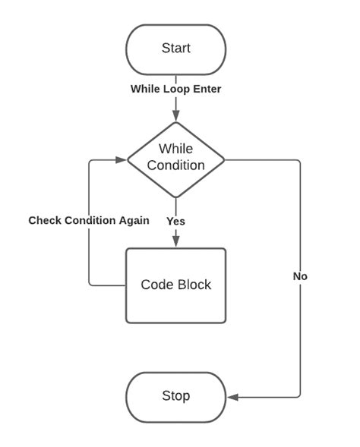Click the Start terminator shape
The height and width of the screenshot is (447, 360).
coord(175,49)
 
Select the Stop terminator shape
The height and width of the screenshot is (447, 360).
coord(175,396)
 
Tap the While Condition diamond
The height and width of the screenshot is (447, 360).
coord(175,159)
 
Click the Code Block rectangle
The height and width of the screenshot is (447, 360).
coord(175,285)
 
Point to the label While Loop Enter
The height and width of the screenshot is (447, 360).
coord(175,89)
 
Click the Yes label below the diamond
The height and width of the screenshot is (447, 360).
coord(175,221)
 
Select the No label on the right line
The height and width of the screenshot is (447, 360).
coord(300,276)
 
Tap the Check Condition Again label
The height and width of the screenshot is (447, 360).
coord(89,220)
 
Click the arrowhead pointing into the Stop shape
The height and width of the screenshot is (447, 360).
coord(232,397)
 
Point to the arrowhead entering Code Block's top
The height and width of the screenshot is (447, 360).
coord(175,242)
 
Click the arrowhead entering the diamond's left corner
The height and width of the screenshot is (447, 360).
coord(121,160)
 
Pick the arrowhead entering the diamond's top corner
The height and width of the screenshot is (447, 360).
coord(175,115)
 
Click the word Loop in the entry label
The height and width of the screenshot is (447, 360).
coord(175,89)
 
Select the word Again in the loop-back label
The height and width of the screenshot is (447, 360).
coord(133,220)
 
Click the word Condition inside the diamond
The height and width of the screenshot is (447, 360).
coord(175,165)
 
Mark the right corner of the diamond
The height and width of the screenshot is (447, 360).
coord(224,160)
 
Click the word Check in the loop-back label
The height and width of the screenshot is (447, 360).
coord(45,220)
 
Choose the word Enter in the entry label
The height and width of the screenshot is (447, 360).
coord(206,89)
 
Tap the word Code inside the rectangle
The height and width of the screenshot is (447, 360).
coord(156,285)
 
